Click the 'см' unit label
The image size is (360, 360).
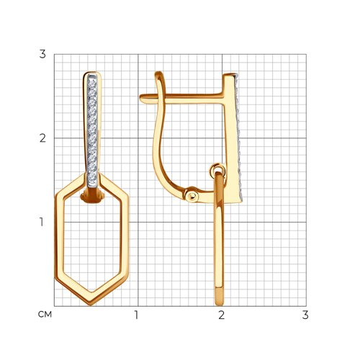(x=45, y=315)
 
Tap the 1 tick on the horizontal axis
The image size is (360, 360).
(x=137, y=315)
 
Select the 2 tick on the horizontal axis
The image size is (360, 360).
(x=222, y=315)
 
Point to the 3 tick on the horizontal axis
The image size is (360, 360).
(x=305, y=315)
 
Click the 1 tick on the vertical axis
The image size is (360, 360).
(x=42, y=222)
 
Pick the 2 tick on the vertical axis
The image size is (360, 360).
(x=42, y=138)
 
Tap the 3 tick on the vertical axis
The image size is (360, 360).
(x=42, y=54)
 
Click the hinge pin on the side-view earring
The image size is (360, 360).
(x=192, y=196)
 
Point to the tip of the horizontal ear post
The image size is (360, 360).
(x=141, y=99)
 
